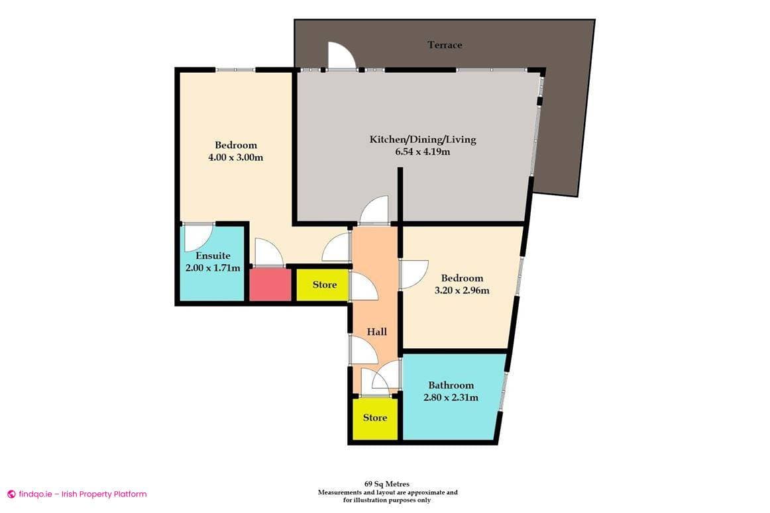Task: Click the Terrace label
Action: click(x=445, y=45)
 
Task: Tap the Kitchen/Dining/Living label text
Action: click(x=423, y=140)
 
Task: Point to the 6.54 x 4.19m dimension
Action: click(x=423, y=152)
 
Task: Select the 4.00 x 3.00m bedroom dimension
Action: click(x=235, y=158)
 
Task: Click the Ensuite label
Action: click(x=213, y=256)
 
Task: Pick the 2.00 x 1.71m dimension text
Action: click(x=213, y=268)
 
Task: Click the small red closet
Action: click(x=270, y=285)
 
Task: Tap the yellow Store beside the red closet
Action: click(x=324, y=285)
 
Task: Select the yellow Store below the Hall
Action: click(x=374, y=418)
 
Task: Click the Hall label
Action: click(x=377, y=332)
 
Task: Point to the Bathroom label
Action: click(x=451, y=385)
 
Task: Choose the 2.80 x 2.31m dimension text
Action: click(x=451, y=398)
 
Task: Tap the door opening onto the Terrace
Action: click(x=342, y=56)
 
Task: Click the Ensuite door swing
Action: click(x=199, y=236)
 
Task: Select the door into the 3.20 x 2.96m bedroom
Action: click(x=413, y=273)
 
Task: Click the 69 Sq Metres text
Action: click(x=387, y=485)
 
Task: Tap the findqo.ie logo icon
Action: click(x=11, y=494)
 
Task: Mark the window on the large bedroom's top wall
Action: click(x=235, y=69)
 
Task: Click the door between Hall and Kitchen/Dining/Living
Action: click(x=374, y=210)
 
